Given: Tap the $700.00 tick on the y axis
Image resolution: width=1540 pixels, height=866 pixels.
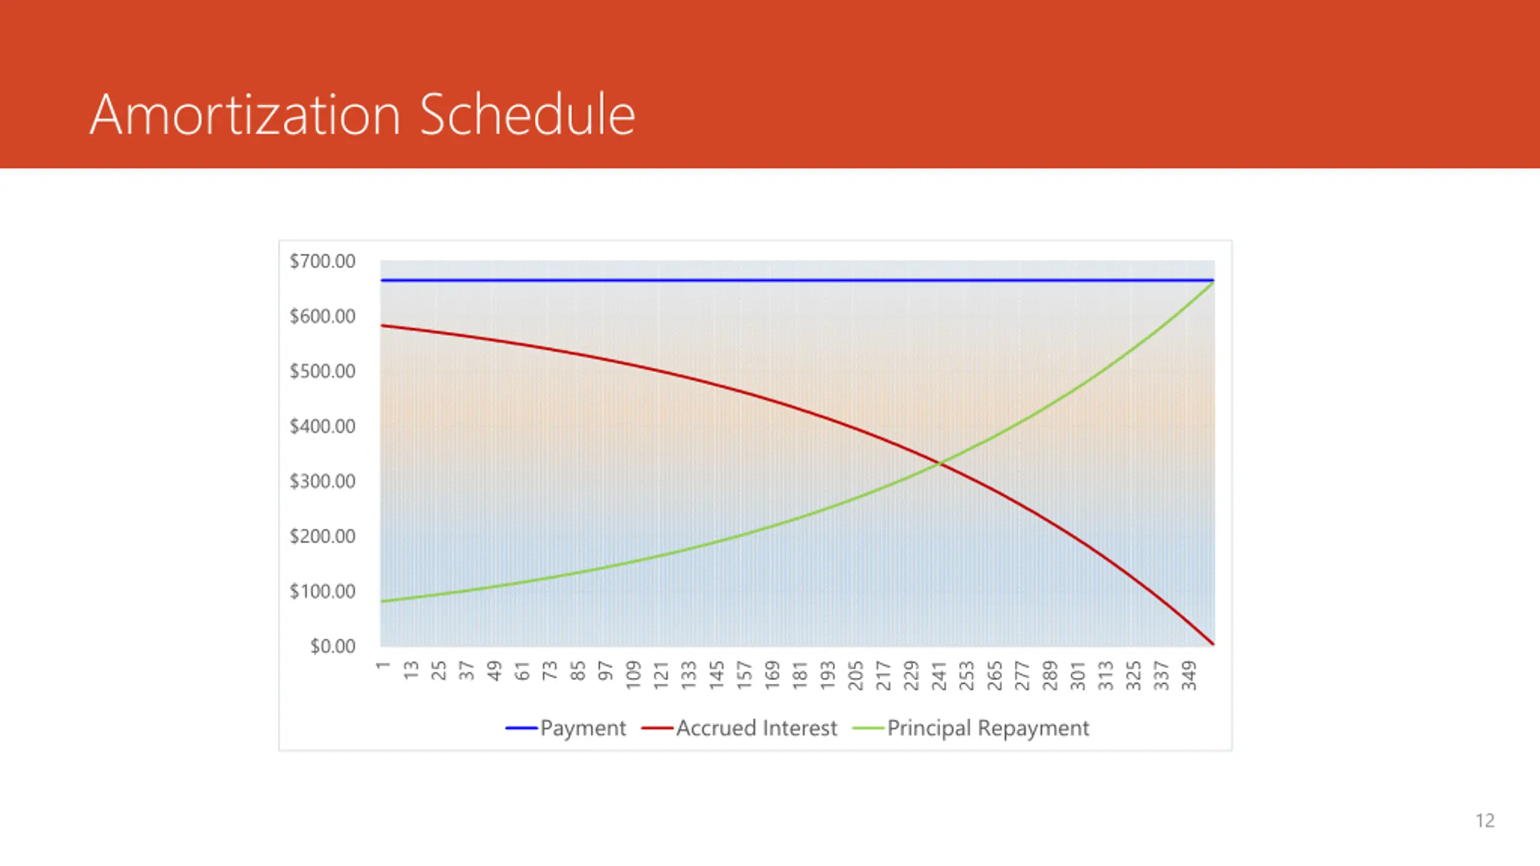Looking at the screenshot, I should click(322, 261).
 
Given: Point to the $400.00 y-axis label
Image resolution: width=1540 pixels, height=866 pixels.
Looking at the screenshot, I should click(322, 426).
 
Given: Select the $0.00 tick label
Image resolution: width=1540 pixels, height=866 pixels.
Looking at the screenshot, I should click(333, 646).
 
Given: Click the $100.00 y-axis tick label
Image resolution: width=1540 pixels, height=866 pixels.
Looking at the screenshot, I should click(322, 591).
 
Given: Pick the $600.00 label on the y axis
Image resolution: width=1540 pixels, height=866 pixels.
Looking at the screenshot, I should click(322, 316).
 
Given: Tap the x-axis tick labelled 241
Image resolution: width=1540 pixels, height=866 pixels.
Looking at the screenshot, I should click(939, 675).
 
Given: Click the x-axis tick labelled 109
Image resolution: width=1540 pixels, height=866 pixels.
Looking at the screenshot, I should click(633, 675).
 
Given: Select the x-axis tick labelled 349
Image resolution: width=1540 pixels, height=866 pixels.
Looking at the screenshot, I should click(1189, 675).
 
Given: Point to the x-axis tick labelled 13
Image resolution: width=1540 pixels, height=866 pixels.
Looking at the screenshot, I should click(411, 670).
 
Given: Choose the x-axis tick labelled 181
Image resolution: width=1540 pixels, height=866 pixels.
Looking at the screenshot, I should click(800, 675).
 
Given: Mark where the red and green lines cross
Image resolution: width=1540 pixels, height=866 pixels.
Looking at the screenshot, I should click(940, 463).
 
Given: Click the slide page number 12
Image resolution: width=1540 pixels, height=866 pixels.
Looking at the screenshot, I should click(1485, 821).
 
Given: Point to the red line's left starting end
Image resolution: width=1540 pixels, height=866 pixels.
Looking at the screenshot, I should click(383, 326).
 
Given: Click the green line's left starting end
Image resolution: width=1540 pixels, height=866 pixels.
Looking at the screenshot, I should click(383, 601).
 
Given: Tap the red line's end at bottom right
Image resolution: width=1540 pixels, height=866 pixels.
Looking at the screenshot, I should click(1212, 644).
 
